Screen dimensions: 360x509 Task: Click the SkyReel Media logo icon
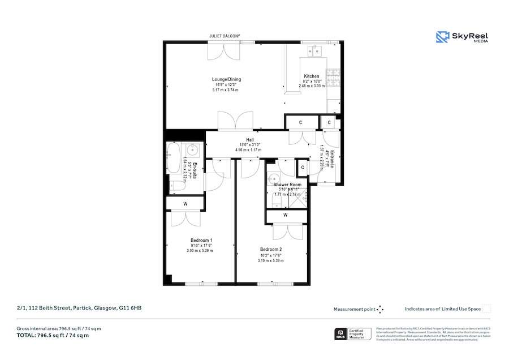click(x=442, y=37)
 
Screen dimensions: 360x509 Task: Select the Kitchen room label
click(x=312, y=76)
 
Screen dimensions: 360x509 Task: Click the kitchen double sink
click(x=314, y=50)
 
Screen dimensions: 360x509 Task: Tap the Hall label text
click(x=249, y=140)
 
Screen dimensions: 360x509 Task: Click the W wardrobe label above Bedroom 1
click(x=185, y=204)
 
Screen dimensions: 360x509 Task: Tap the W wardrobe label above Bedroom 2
click(x=285, y=215)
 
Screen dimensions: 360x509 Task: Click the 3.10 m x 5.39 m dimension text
click(x=270, y=260)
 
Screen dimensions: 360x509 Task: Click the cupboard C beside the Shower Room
click(x=303, y=168)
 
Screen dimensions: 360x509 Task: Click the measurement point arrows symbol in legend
click(x=380, y=309)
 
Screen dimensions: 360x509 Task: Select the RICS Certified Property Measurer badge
click(x=353, y=333)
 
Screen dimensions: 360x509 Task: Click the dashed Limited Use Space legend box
click(x=486, y=308)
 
